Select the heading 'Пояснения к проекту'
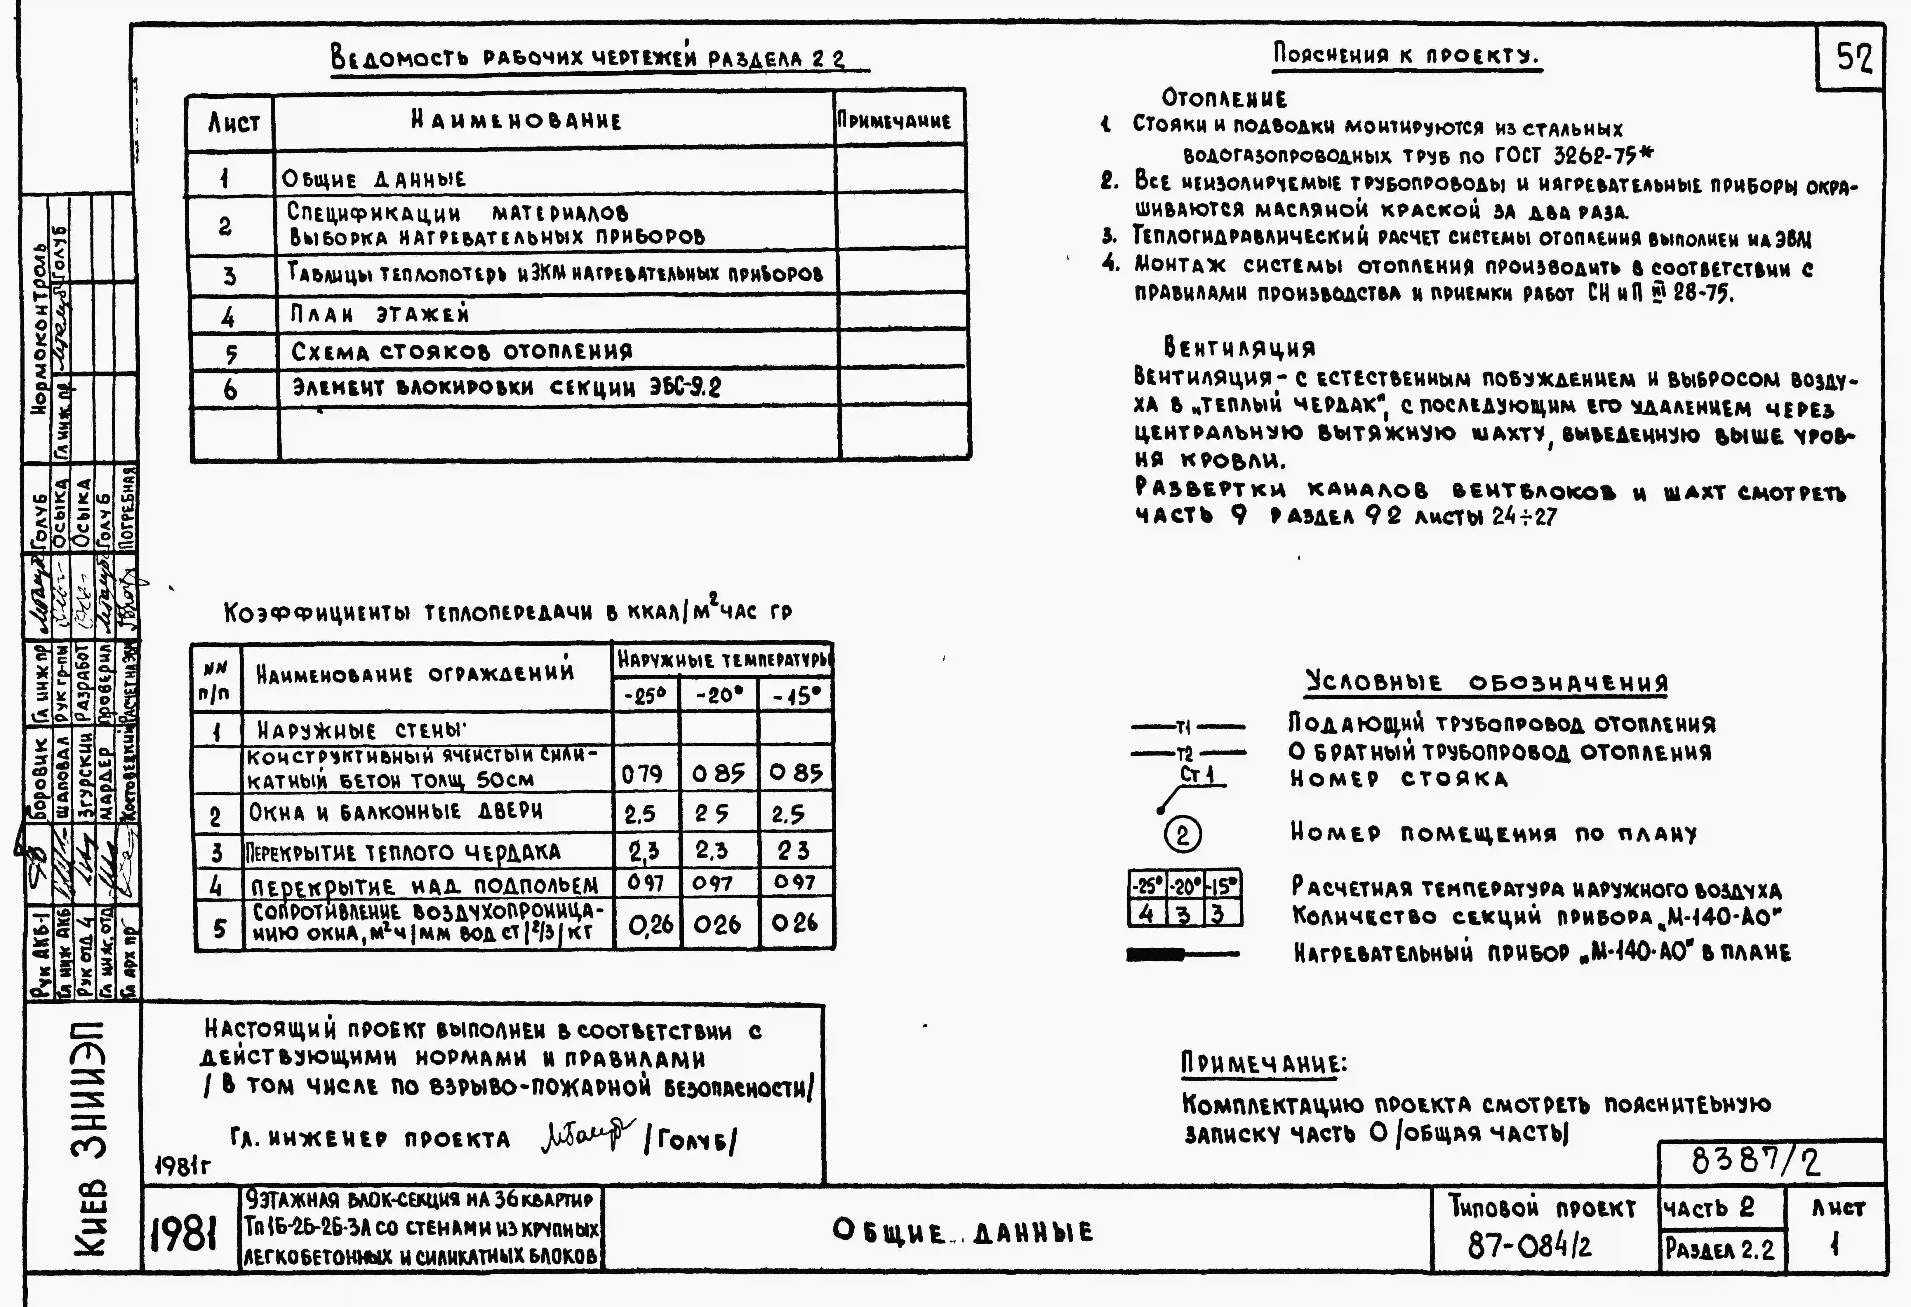coord(1406,56)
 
